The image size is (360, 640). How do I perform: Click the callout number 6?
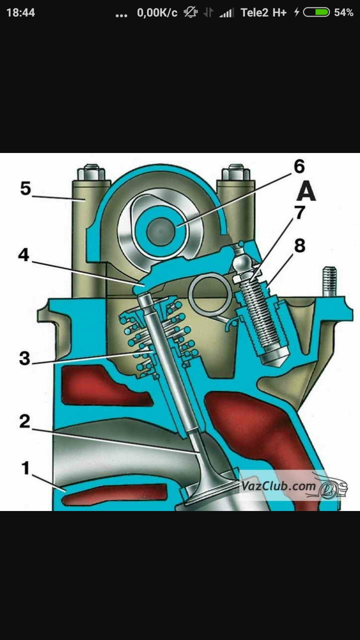[x=299, y=166]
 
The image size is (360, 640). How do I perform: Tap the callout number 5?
[x=25, y=189]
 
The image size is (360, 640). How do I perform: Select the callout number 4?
[x=24, y=255]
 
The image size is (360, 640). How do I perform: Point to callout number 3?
[x=24, y=358]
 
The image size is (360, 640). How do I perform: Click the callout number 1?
[x=25, y=468]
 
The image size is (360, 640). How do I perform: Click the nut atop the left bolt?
[x=91, y=173]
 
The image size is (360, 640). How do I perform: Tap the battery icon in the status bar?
[x=316, y=12]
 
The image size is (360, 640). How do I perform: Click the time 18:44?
[x=20, y=12]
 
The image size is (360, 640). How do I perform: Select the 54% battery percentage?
[x=343, y=12]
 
